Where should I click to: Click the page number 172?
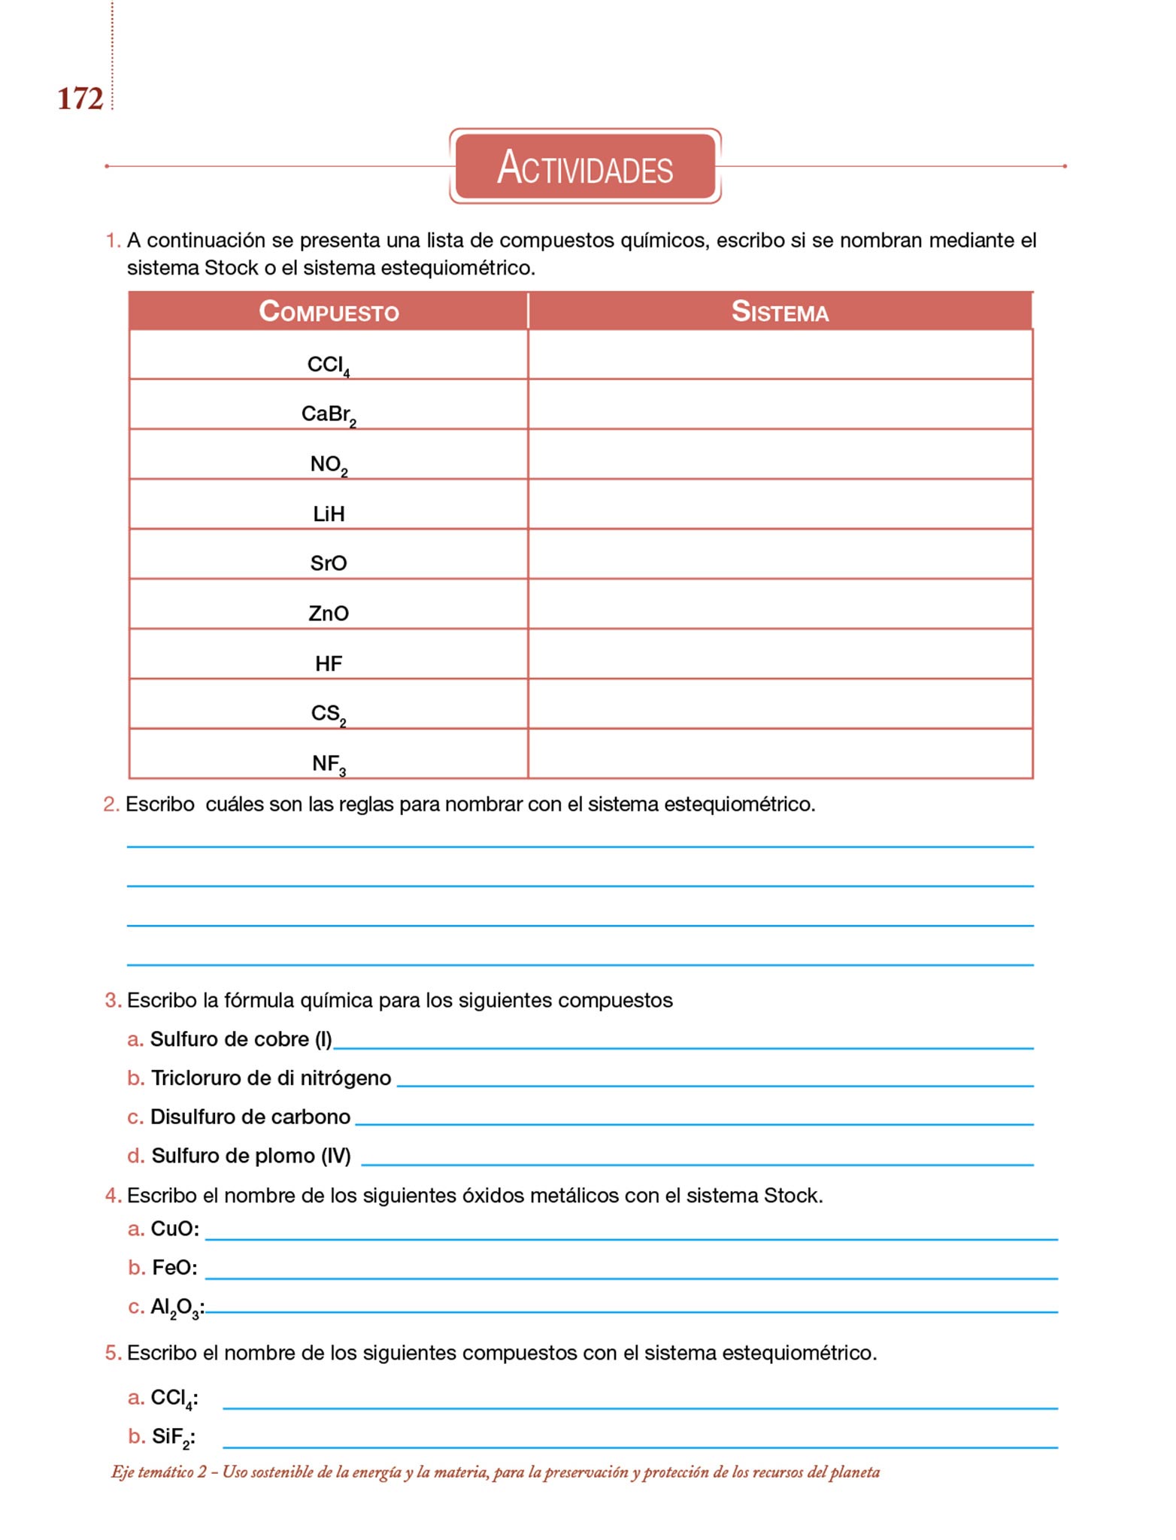click(x=80, y=99)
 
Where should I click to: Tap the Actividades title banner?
click(x=585, y=166)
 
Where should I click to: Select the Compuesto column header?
click(x=329, y=311)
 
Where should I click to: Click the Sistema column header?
click(x=780, y=311)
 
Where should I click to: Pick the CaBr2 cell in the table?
click(x=329, y=414)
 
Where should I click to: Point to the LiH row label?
click(x=329, y=514)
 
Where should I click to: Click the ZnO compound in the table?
click(x=329, y=614)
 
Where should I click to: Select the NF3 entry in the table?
click(x=329, y=764)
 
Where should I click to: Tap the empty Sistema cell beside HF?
click(x=780, y=654)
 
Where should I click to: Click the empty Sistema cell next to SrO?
click(x=780, y=554)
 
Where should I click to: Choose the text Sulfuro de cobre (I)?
click(x=241, y=1039)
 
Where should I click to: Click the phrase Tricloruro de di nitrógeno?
click(x=271, y=1078)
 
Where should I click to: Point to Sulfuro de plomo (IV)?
click(x=251, y=1156)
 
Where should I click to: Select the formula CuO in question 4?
click(x=174, y=1229)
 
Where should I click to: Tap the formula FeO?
click(x=174, y=1268)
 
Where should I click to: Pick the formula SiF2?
click(x=172, y=1437)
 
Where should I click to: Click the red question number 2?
click(x=111, y=805)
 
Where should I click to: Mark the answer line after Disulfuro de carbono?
click(x=693, y=1123)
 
